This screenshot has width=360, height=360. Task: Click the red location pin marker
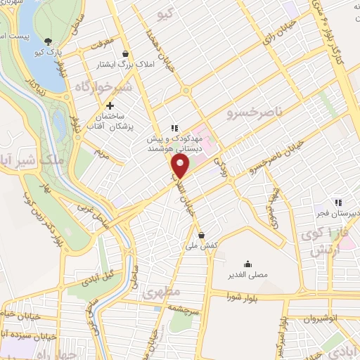point(181,167)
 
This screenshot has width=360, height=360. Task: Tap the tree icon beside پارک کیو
point(48,41)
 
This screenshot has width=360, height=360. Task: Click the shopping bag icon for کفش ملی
point(202,235)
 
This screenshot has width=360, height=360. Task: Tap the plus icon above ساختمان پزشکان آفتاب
point(110,105)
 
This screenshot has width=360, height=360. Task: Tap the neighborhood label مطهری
point(162,290)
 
